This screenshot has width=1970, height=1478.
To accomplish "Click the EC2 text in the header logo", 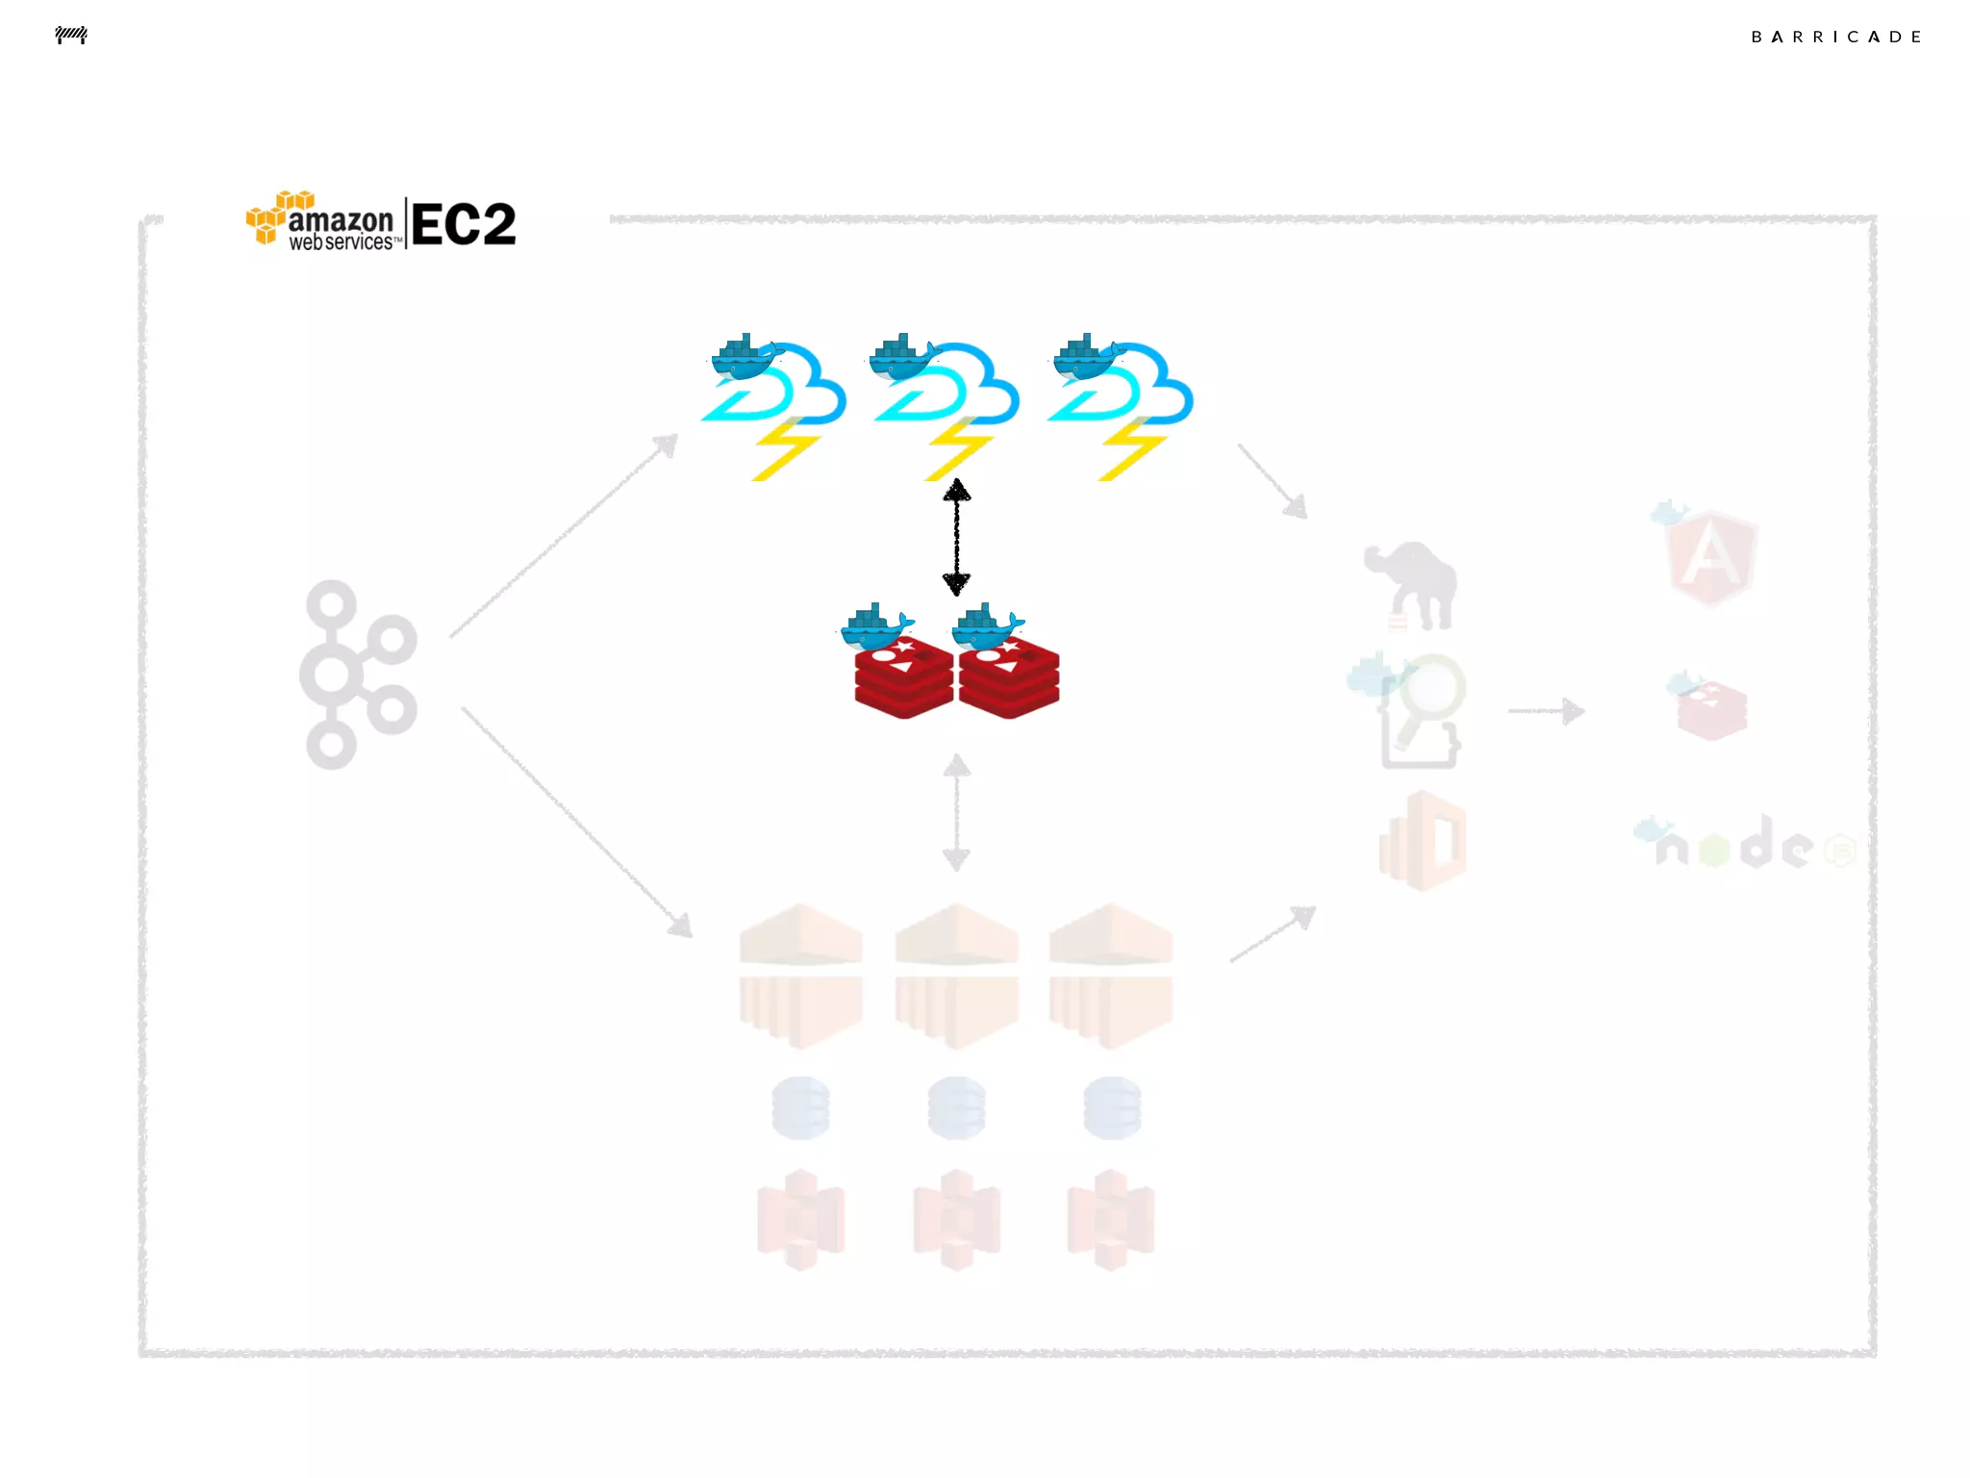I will tap(464, 224).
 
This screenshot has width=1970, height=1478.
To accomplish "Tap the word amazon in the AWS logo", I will tap(341, 220).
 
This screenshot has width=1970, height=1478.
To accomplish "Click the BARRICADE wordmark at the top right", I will tap(1835, 38).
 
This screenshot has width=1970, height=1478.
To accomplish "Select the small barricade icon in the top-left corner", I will tap(71, 36).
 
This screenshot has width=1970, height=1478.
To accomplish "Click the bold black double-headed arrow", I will tap(956, 537).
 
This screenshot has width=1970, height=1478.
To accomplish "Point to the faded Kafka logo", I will tap(358, 674).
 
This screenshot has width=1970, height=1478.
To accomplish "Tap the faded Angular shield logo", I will tap(1712, 557).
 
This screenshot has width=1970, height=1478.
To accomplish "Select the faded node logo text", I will tap(1736, 845).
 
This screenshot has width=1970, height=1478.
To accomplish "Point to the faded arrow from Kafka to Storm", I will tap(565, 535).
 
